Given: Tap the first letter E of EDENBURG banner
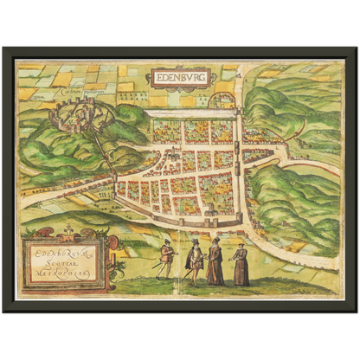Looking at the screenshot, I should pos(156,77).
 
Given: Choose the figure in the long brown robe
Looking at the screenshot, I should pos(215,262).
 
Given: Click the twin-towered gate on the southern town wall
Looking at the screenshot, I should pos(187,220).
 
